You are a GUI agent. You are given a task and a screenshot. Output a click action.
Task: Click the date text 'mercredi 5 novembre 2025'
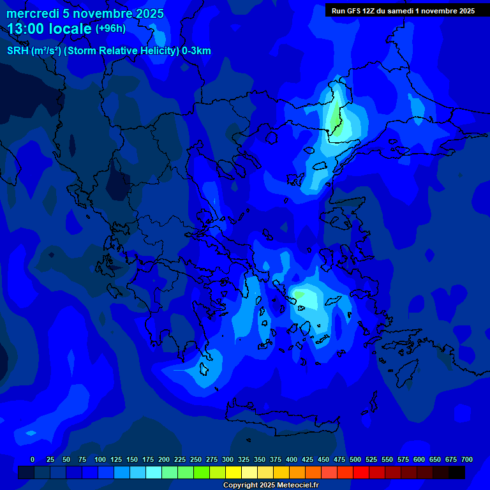(x=85, y=13)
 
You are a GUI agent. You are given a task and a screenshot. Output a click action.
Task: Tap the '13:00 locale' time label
(x=50, y=29)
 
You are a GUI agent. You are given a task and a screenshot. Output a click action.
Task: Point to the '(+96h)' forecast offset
(x=110, y=29)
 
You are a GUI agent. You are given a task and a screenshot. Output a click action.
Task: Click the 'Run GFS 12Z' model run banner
(x=402, y=11)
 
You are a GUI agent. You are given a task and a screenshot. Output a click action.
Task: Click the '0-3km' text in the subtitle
(x=196, y=51)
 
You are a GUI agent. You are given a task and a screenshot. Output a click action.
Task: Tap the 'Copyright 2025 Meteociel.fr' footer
(x=271, y=485)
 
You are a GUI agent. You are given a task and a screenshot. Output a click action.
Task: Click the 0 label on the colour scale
(x=33, y=459)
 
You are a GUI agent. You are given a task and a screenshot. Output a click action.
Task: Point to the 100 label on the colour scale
(x=100, y=459)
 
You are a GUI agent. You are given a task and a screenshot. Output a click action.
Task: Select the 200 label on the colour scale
(x=164, y=459)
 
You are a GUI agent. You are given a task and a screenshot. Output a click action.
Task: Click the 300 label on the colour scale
(x=228, y=459)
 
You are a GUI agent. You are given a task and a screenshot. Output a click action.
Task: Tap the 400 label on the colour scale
(x=292, y=459)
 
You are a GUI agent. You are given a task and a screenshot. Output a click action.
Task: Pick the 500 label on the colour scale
(x=355, y=459)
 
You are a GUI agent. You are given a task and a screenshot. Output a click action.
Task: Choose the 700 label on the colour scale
(x=467, y=459)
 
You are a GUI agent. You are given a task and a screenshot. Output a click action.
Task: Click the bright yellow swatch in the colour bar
(x=234, y=472)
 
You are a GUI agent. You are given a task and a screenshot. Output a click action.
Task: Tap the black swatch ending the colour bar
(x=457, y=472)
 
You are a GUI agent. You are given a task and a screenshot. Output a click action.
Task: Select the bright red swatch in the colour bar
(x=361, y=472)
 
